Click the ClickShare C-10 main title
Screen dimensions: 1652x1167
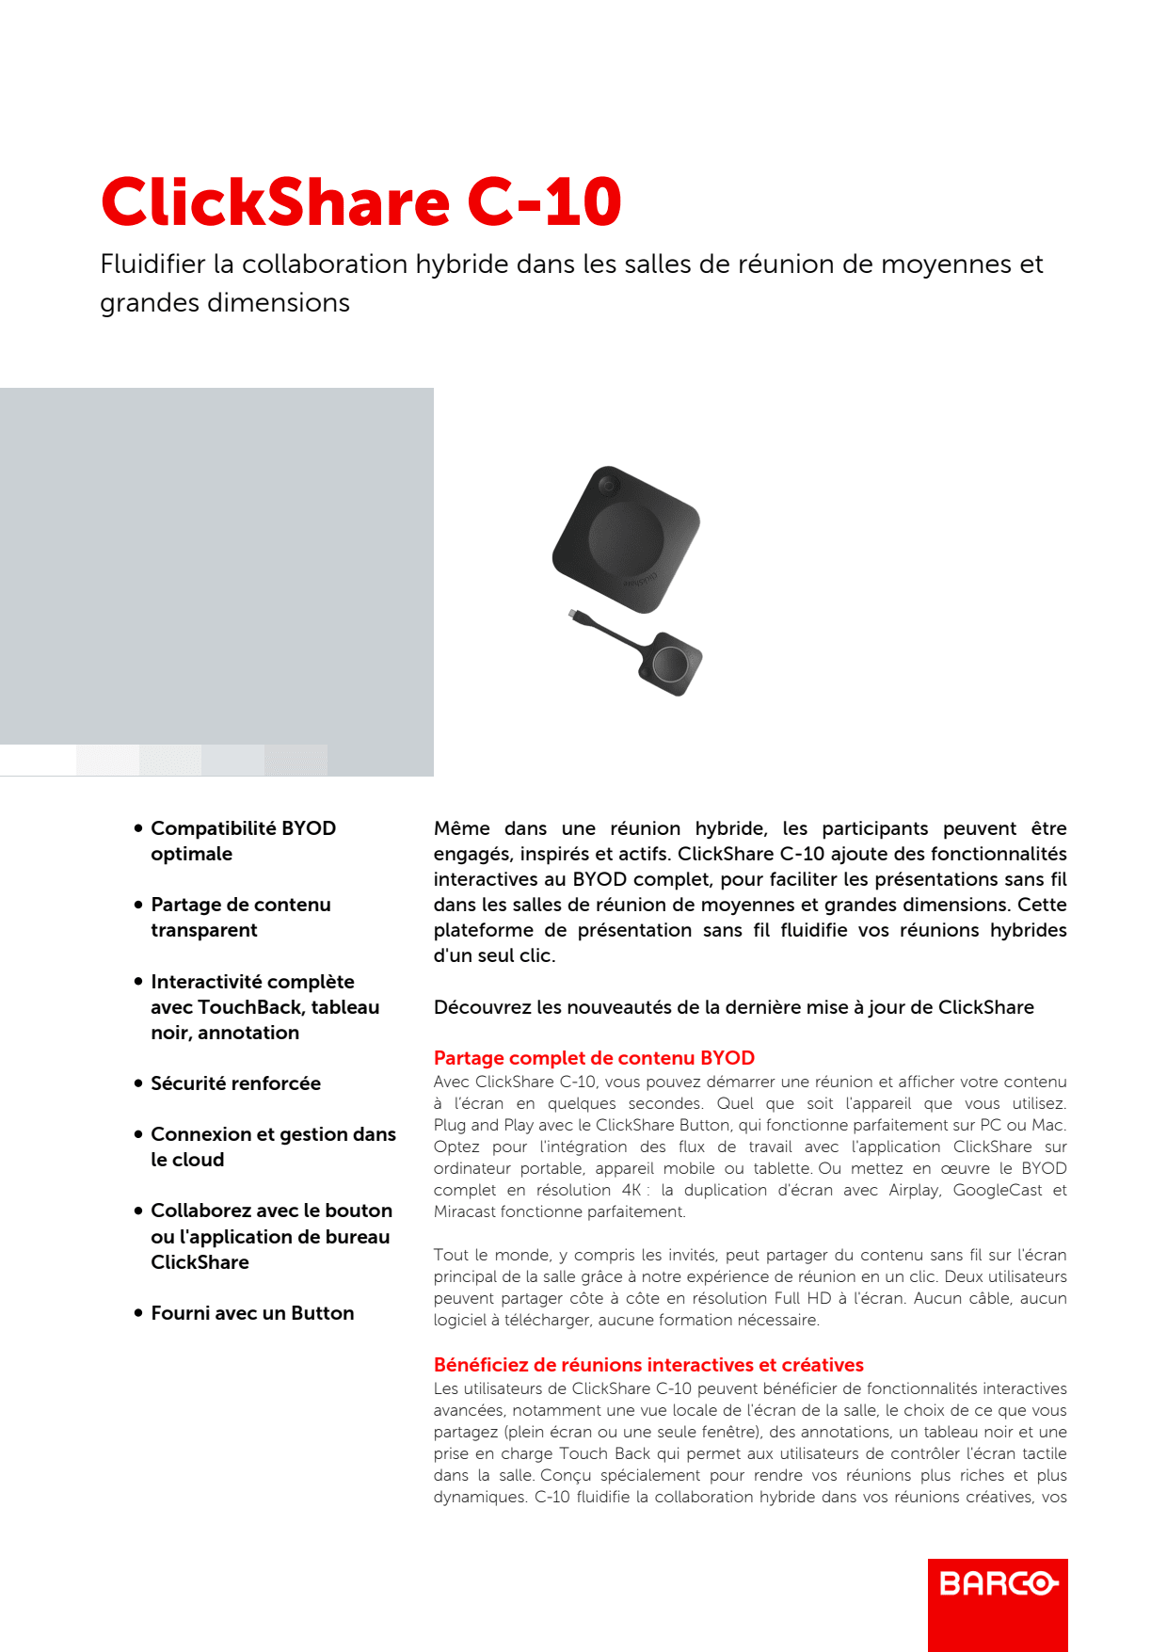click(360, 201)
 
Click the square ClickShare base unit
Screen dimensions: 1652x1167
click(627, 537)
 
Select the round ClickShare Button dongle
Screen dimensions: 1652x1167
click(671, 665)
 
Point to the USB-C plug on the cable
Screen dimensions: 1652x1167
click(573, 615)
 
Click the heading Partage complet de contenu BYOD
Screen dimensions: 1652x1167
click(594, 1058)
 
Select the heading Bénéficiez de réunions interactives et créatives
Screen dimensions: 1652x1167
click(648, 1365)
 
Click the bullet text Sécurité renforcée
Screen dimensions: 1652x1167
click(235, 1083)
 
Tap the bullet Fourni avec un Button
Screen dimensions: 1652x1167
click(252, 1313)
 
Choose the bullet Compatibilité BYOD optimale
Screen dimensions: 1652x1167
click(243, 841)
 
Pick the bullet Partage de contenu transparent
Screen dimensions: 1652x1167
click(240, 917)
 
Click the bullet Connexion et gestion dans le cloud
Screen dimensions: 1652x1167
click(272, 1147)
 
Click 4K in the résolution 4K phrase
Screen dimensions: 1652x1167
click(631, 1190)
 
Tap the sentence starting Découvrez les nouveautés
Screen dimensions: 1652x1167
click(733, 1007)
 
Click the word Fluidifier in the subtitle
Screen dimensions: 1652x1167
click(152, 265)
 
